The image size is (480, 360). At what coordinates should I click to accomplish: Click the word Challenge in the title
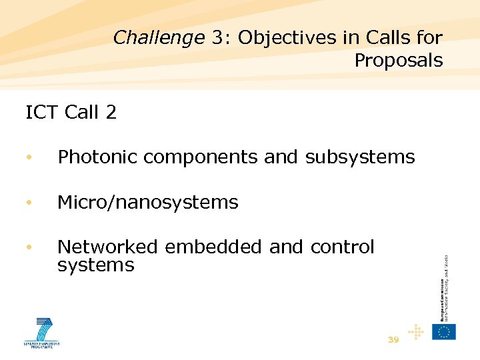pos(158,38)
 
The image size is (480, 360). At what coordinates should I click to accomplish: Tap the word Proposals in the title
pos(398,61)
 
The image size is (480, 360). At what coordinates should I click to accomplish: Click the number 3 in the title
pos(217,38)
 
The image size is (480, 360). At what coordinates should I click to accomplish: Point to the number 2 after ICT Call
pos(111,113)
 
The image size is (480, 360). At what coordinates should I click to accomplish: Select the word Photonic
pos(98,157)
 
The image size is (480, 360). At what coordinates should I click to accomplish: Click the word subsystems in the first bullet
pos(360,157)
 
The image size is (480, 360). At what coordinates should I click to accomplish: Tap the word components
pos(201,158)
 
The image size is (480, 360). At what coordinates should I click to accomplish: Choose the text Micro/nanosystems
pos(147,202)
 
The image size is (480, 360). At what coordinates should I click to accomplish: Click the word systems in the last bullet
pos(95,265)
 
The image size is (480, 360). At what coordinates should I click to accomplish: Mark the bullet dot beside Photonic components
pos(29,158)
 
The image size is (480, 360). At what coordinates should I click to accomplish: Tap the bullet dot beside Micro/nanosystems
pos(29,203)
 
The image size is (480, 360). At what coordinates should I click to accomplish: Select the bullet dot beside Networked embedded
pos(29,247)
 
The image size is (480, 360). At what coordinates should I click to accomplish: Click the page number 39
pos(393,340)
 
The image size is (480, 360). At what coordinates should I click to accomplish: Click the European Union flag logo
pos(443,331)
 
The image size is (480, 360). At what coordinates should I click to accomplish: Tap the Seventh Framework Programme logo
pos(42,333)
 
